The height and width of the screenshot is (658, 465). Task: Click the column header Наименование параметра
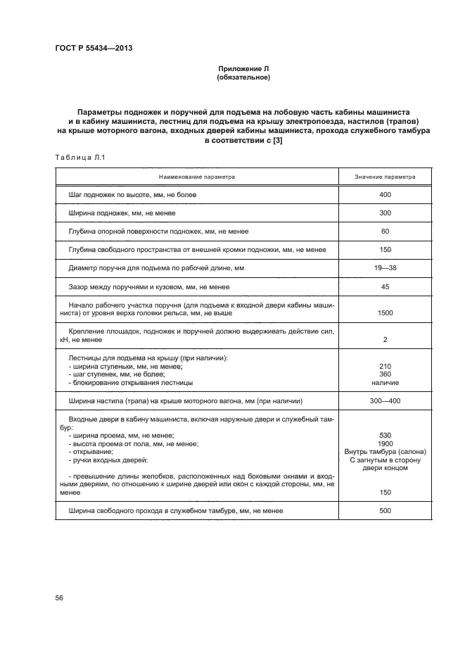196,177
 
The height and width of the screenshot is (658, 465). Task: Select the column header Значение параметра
384,177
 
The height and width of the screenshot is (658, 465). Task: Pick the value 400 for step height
384,194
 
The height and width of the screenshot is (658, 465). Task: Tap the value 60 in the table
384,231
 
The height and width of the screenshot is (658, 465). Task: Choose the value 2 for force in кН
384,340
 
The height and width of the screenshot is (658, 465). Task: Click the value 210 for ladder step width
384,367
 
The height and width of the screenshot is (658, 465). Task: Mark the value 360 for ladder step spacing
384,374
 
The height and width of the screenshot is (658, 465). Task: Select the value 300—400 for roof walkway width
384,401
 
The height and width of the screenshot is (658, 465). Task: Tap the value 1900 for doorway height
384,443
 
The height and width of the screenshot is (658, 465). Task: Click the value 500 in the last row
384,510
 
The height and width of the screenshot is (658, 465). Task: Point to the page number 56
59,597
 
